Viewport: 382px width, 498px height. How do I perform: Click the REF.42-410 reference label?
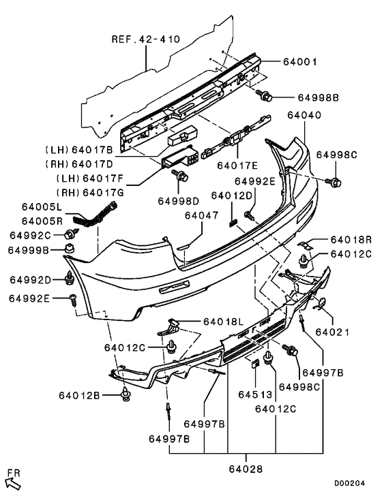tap(145, 40)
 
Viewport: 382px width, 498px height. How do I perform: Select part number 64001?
tap(299, 61)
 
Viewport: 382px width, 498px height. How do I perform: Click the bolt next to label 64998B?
tap(265, 95)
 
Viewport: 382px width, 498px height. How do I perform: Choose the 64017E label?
tap(237, 164)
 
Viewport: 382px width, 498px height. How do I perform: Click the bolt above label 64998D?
tap(181, 178)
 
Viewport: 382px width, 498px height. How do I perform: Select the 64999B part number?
tap(29, 250)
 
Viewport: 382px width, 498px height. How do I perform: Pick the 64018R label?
tap(351, 240)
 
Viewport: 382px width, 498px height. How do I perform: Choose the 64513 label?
tap(254, 394)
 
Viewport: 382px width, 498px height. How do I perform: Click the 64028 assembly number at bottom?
tap(246, 468)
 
